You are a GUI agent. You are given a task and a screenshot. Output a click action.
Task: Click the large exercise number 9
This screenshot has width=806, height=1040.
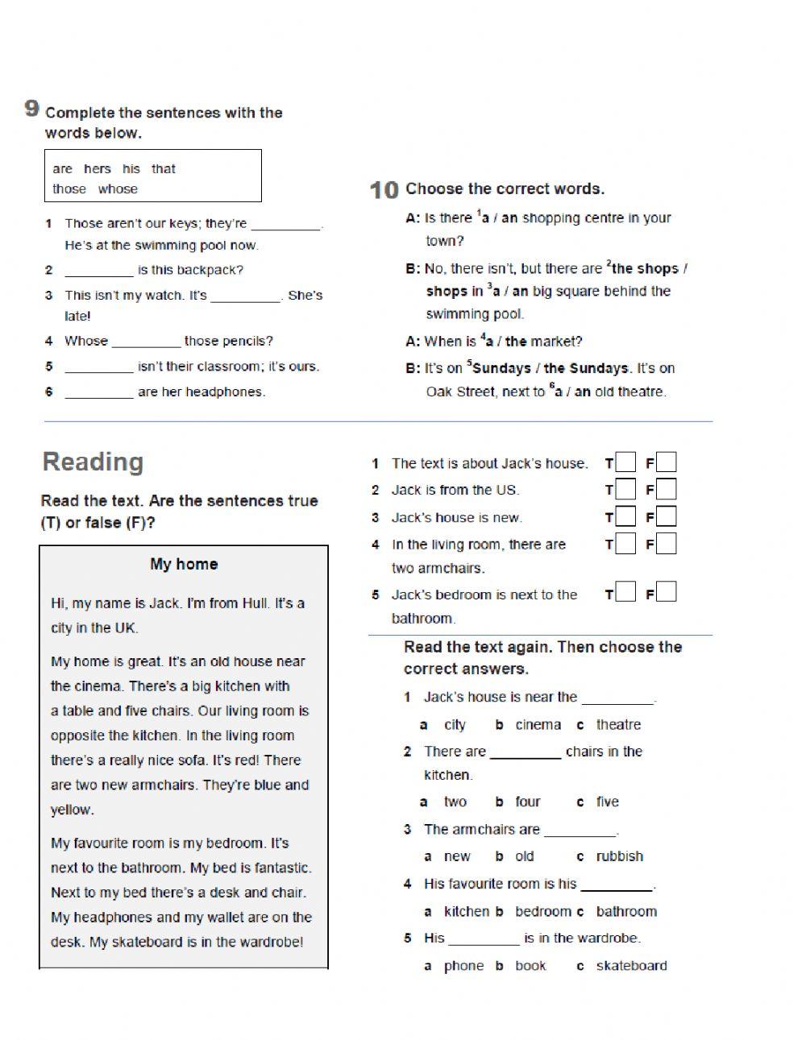pyautogui.click(x=31, y=109)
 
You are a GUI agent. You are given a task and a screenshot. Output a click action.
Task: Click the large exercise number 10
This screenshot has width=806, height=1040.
pyautogui.click(x=384, y=190)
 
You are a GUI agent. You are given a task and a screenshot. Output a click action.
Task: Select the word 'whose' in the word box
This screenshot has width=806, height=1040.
pyautogui.click(x=118, y=189)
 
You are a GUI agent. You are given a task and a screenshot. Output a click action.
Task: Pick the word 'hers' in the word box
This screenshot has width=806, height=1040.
pyautogui.click(x=97, y=169)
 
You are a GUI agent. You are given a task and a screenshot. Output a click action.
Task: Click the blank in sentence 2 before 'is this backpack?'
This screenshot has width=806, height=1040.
pyautogui.click(x=98, y=271)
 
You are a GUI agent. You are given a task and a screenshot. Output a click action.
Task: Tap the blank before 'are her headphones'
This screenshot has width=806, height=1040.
pyautogui.click(x=98, y=392)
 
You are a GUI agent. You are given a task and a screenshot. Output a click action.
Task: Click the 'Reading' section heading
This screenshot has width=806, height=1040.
pyautogui.click(x=93, y=462)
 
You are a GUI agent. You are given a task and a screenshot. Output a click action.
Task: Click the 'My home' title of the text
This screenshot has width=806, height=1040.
pyautogui.click(x=184, y=565)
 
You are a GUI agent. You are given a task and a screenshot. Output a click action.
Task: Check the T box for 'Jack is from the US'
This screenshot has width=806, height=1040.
pyautogui.click(x=625, y=490)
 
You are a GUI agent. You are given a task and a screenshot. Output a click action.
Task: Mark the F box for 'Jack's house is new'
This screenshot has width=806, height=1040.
pyautogui.click(x=666, y=517)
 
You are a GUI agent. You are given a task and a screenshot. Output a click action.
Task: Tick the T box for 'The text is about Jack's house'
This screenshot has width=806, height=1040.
pyautogui.click(x=625, y=463)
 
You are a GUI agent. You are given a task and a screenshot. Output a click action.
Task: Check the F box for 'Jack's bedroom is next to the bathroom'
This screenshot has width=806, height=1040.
pyautogui.click(x=666, y=594)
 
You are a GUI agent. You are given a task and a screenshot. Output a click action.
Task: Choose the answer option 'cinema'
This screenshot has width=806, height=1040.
pyautogui.click(x=538, y=725)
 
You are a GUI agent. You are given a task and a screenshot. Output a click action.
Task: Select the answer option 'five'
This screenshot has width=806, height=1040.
pyautogui.click(x=607, y=802)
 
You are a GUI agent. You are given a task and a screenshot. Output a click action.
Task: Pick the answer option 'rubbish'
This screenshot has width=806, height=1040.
pyautogui.click(x=619, y=857)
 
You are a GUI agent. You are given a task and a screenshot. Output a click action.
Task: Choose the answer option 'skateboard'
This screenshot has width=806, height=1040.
pyautogui.click(x=631, y=966)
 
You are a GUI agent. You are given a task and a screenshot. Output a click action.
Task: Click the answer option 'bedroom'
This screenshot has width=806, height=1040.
pyautogui.click(x=543, y=912)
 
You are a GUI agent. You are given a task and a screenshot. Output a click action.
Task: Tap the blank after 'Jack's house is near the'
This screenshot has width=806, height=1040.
pyautogui.click(x=617, y=698)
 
